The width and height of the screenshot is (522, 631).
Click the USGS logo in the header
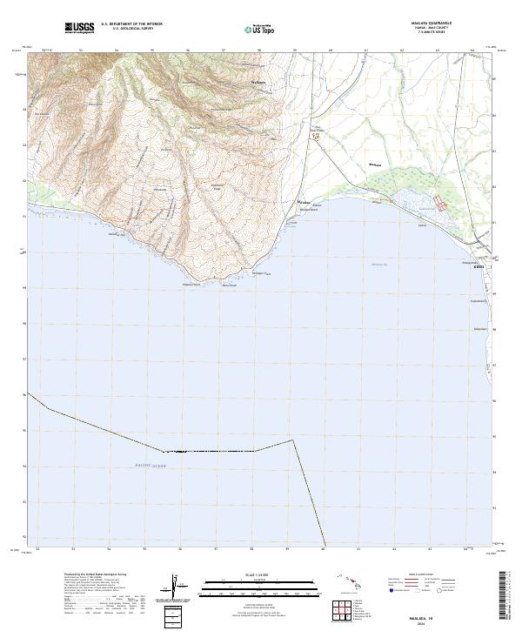[79, 28]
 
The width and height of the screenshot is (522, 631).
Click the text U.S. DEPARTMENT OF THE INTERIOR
[131, 24]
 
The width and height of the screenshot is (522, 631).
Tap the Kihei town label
[478, 267]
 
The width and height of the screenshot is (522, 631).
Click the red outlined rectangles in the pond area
[441, 205]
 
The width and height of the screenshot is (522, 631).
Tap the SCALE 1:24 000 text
[260, 574]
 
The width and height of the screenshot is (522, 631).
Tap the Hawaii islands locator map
[351, 582]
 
